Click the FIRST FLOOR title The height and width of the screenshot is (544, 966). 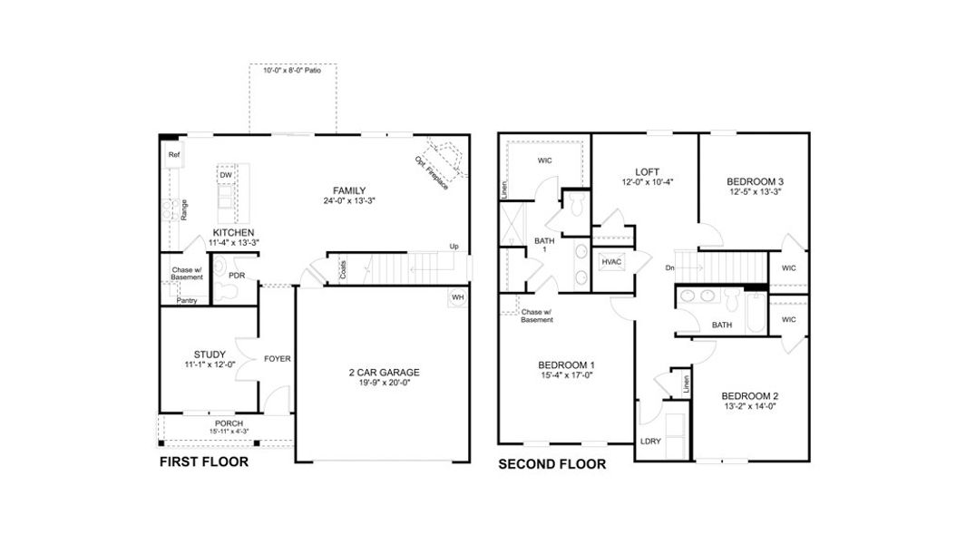coord(204,461)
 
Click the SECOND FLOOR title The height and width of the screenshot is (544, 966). coord(551,464)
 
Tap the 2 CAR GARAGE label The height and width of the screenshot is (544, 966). coord(384,372)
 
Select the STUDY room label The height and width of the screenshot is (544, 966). coord(210,355)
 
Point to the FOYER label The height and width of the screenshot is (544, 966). coord(277,359)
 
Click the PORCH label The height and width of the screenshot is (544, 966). coord(229,423)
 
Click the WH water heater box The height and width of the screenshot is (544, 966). coord(457,298)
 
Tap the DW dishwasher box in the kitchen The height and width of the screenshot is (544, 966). coord(226,175)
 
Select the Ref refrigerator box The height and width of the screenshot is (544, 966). coord(174,155)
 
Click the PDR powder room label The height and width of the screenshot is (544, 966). coord(236,275)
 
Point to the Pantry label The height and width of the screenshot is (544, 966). coord(187,300)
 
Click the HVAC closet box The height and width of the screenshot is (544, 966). coord(611,261)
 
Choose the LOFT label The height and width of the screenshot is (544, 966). coord(647,171)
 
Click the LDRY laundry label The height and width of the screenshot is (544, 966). coord(649,442)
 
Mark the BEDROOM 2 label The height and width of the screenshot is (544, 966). coord(750,396)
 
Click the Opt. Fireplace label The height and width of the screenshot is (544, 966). coord(431,172)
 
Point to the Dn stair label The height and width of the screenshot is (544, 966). coord(669,267)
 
